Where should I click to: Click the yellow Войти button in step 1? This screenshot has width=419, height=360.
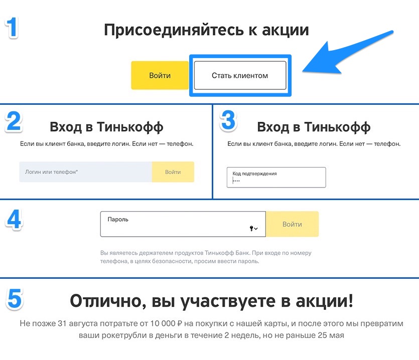tap(160, 76)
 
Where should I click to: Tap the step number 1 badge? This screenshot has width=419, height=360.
tap(12, 27)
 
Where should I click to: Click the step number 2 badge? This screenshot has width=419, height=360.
tap(13, 121)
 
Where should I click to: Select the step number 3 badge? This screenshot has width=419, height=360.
tap(228, 121)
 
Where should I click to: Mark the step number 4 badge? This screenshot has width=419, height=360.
tap(13, 219)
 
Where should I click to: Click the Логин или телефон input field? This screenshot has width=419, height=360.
tap(85, 172)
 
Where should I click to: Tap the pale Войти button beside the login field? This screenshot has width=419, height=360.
tap(173, 172)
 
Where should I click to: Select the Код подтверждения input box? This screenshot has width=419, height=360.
tap(276, 177)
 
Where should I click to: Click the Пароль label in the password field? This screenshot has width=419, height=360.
tap(118, 219)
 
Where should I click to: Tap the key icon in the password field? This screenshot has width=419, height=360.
tap(251, 229)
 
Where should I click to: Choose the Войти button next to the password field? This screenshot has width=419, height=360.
tap(292, 224)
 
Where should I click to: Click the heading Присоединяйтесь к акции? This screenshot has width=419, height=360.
tap(206, 30)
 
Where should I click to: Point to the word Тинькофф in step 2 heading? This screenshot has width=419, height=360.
tap(131, 127)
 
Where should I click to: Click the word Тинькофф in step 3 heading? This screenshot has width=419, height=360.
tap(338, 127)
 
